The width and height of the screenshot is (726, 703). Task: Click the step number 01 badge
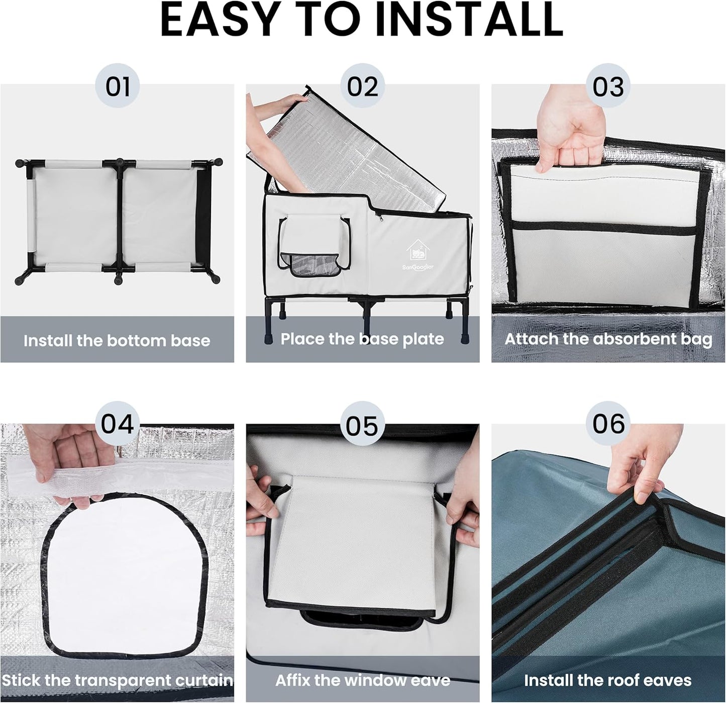(x=117, y=85)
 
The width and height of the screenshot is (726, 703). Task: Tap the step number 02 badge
(x=362, y=85)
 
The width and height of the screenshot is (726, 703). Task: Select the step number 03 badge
(x=608, y=85)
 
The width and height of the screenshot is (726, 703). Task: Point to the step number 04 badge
(x=117, y=424)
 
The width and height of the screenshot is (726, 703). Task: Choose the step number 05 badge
(x=362, y=424)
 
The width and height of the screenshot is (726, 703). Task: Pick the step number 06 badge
(x=608, y=424)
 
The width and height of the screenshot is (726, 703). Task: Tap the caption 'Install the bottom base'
(x=117, y=341)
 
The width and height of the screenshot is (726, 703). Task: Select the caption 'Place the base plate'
(x=362, y=339)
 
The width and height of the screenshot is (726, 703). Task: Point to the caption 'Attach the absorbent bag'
(x=608, y=340)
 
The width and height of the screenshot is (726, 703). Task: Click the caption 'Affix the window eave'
(x=363, y=680)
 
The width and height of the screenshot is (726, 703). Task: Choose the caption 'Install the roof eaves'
(x=608, y=680)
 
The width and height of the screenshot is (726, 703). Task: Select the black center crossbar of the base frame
(x=120, y=220)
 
